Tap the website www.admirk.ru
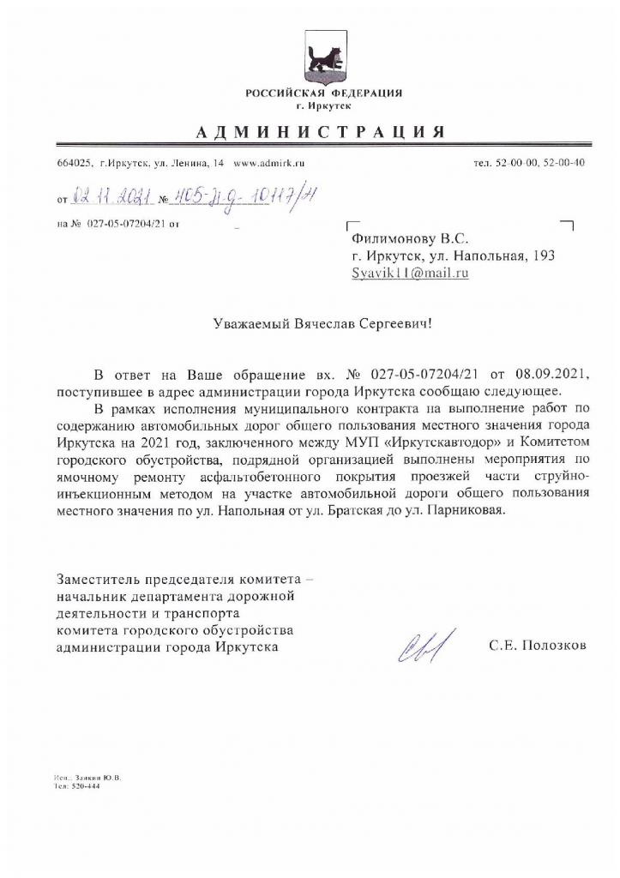[x=269, y=162]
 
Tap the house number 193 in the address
[x=544, y=256]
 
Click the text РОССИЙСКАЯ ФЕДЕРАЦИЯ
[x=323, y=93]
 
